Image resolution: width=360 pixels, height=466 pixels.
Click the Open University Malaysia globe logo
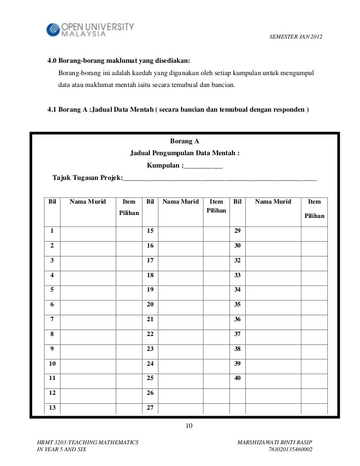[52, 30]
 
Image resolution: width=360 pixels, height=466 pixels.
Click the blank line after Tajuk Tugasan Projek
[220, 178]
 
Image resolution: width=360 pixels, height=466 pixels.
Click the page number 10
[188, 426]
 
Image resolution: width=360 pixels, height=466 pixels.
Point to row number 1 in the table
[52, 231]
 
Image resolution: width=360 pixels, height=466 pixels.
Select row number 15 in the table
[151, 231]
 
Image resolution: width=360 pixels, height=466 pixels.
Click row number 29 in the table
[237, 231]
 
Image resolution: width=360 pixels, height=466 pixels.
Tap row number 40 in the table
[237, 378]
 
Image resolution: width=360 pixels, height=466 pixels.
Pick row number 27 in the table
[151, 408]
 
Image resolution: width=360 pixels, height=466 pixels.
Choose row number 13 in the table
[52, 408]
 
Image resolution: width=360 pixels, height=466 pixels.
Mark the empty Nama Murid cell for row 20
[180, 304]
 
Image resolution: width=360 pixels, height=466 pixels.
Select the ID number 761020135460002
[290, 450]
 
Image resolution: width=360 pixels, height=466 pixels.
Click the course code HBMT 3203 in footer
[48, 441]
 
